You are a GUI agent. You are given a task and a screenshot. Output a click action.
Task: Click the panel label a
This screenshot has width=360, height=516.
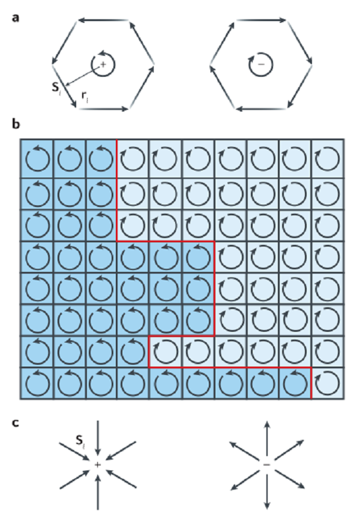(15, 18)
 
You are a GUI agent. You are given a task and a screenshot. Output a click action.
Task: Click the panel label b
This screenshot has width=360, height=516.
(16, 124)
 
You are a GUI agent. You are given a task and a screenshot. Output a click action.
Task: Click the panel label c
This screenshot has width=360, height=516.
(15, 422)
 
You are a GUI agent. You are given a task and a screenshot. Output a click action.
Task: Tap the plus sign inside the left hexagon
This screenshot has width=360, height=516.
(103, 65)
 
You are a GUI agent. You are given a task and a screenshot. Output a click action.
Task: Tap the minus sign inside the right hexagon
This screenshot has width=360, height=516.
(261, 64)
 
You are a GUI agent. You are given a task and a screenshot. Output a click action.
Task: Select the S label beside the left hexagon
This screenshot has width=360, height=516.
(56, 88)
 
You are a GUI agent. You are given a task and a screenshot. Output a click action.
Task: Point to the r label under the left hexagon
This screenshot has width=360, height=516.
(85, 97)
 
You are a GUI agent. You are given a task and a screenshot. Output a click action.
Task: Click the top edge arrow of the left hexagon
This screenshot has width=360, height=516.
(103, 20)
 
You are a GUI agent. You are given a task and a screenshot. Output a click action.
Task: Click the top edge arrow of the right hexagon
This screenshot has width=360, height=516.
(261, 20)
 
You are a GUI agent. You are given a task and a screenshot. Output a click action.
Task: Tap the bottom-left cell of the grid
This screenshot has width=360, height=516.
(37, 383)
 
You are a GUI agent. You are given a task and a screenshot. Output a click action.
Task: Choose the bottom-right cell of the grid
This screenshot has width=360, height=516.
(328, 383)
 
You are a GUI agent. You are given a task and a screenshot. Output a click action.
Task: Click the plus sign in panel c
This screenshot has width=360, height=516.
(97, 464)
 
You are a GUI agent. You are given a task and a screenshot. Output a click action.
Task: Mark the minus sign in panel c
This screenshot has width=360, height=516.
(267, 464)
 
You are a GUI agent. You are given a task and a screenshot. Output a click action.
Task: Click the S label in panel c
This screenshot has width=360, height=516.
(80, 440)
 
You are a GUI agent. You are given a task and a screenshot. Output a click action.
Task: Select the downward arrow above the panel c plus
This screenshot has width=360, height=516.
(98, 437)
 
